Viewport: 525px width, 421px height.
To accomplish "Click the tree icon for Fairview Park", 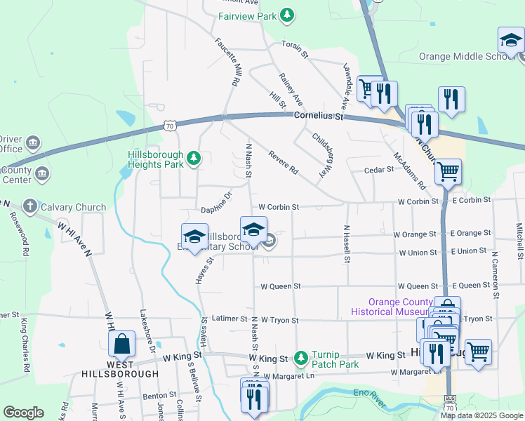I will tap(286, 15).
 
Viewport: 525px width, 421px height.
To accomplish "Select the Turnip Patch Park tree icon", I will tap(301, 359).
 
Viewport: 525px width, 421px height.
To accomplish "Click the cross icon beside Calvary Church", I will tap(29, 206).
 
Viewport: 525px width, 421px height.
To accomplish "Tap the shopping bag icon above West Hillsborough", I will tap(121, 344).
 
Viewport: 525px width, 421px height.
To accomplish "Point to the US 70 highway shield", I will tap(169, 126).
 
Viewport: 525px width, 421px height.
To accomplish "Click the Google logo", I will tap(23, 413).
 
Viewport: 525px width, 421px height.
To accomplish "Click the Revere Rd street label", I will tap(281, 162).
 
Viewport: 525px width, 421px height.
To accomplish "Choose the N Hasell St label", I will tap(347, 244).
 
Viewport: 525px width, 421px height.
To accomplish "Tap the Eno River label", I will tap(369, 399).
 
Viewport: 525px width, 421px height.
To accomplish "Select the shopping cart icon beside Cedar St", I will tap(447, 171).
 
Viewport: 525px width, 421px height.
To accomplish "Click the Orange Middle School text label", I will tap(467, 57).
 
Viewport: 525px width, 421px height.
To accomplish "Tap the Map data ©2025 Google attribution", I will tap(481, 415).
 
